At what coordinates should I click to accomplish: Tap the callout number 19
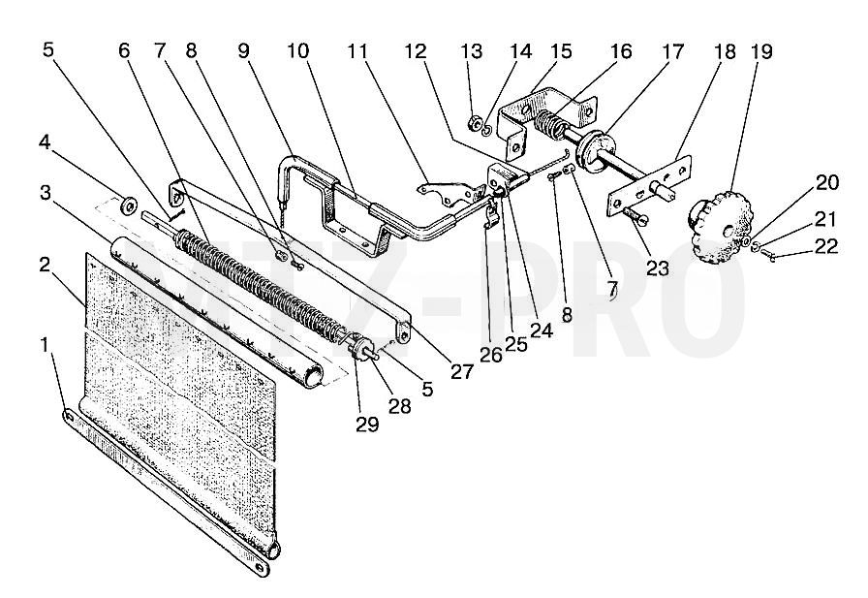click(x=761, y=51)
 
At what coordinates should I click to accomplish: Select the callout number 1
click(x=45, y=344)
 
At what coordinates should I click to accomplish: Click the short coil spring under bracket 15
click(x=549, y=125)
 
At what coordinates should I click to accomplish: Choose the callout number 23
click(x=658, y=268)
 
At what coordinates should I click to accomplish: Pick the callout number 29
click(x=367, y=425)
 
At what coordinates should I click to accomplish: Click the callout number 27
click(x=462, y=371)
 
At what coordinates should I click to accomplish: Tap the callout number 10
click(x=297, y=51)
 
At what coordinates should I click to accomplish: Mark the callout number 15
click(x=560, y=51)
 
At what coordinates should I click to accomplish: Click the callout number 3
click(x=46, y=193)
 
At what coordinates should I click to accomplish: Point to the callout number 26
click(x=491, y=355)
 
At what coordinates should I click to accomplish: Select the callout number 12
click(x=416, y=51)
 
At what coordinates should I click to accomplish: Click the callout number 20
click(x=827, y=181)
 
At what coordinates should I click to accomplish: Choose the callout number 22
click(x=826, y=246)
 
